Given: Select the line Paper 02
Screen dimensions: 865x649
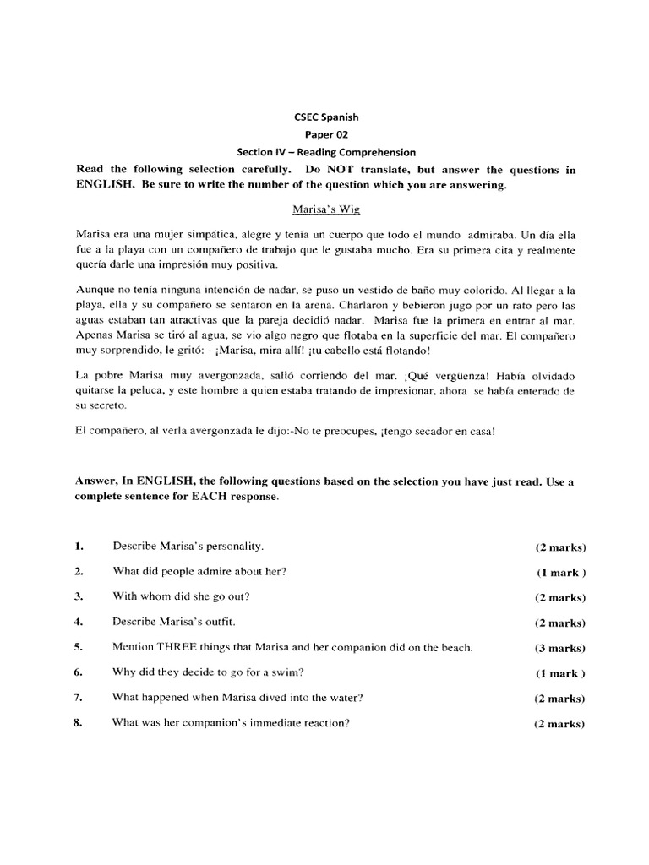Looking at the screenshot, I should click(x=325, y=135).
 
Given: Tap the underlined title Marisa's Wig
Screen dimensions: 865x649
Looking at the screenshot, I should click(x=325, y=208).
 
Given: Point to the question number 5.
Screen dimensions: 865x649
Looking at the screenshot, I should click(x=78, y=648).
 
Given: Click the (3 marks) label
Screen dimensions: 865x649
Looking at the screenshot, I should click(x=559, y=649).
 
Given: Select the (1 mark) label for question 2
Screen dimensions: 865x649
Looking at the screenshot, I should click(x=560, y=573).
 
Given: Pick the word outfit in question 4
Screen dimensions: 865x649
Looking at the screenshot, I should click(x=219, y=623).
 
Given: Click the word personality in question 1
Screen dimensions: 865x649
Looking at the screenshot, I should click(x=226, y=547).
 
